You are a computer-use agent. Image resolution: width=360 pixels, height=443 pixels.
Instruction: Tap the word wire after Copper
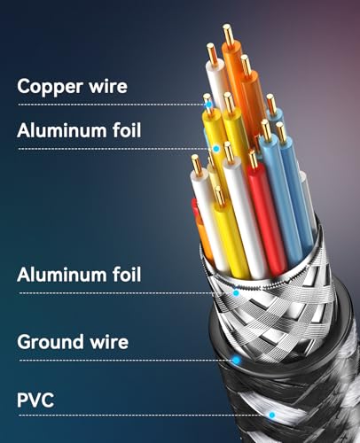tap(108, 86)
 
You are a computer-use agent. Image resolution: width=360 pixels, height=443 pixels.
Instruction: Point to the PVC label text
tap(35, 400)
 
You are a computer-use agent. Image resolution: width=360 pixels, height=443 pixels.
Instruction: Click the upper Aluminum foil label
tap(79, 130)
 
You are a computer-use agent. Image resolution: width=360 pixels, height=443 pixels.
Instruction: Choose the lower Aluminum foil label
tap(79, 275)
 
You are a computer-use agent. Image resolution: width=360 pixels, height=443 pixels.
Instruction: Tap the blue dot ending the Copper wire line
tap(209, 105)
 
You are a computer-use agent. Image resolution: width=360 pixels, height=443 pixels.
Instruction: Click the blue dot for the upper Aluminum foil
tap(216, 149)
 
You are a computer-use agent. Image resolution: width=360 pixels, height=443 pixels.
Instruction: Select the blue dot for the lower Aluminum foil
tap(236, 293)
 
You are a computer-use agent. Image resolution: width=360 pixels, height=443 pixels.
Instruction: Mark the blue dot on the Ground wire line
tap(236, 360)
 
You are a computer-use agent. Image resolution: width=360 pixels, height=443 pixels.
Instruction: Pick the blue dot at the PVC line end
tap(272, 415)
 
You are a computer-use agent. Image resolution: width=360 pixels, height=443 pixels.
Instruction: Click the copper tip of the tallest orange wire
tap(228, 33)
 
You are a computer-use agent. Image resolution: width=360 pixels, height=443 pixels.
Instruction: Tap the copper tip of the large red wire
tap(254, 159)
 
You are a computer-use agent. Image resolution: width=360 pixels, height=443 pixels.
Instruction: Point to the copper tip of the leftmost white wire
tap(197, 165)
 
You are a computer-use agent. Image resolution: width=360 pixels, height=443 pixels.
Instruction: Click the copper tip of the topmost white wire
tap(212, 52)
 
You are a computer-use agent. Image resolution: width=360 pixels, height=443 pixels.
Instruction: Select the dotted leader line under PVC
tap(144, 416)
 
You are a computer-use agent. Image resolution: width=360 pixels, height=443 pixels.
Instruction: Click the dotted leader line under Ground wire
tap(126, 361)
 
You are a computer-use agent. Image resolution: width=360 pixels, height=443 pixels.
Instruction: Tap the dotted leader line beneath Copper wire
tap(112, 105)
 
